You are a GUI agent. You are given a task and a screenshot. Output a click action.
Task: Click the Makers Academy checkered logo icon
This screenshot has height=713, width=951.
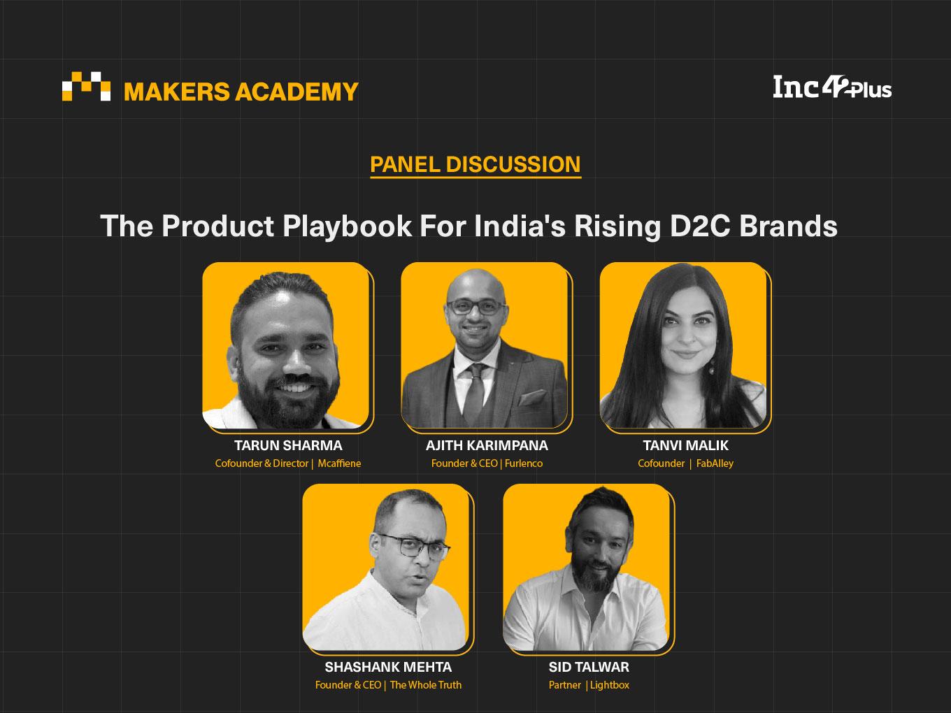point(86,86)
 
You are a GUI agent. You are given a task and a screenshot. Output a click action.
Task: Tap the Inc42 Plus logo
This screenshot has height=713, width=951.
point(832,87)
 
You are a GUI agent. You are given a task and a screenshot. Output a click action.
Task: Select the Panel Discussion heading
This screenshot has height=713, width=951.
point(475,164)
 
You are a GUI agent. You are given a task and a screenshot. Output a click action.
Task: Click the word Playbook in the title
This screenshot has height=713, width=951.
point(347,226)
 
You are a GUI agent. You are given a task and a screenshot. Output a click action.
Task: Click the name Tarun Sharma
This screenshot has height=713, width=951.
point(288,445)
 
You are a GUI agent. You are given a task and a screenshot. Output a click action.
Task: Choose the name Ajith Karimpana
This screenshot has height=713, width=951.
point(487,445)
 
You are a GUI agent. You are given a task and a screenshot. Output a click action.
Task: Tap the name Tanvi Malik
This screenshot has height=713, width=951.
point(685,445)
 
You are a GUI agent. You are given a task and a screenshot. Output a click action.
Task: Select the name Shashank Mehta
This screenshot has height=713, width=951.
point(388,667)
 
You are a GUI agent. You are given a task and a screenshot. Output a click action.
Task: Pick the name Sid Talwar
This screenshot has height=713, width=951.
point(589,667)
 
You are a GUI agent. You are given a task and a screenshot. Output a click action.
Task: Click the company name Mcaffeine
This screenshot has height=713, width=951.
point(339,463)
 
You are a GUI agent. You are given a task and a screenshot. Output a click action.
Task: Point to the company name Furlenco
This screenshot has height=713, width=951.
point(523,463)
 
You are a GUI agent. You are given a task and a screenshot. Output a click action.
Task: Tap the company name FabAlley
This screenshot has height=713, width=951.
point(715,463)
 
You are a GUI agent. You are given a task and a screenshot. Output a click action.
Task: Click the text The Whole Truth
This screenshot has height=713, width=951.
point(425,685)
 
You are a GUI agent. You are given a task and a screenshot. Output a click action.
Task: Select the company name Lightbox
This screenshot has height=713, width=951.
point(610,685)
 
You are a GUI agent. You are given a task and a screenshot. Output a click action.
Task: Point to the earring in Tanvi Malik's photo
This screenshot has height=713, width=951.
point(711,367)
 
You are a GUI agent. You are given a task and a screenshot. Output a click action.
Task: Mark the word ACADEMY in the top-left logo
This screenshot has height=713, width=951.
point(296,92)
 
